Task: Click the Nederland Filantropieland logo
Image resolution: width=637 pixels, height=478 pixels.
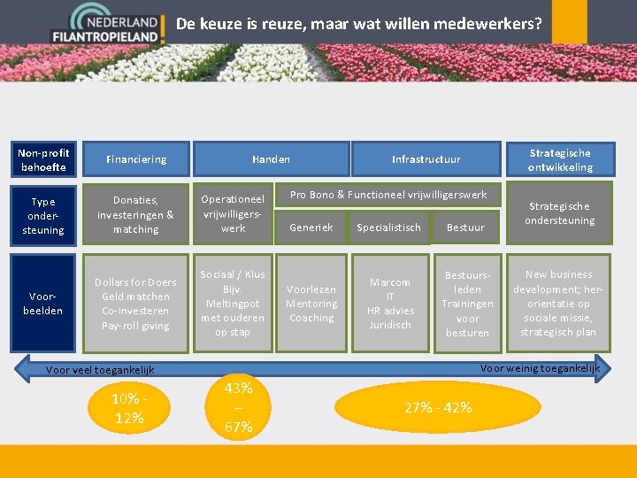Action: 118,25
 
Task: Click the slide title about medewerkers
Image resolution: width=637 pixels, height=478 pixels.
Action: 358,24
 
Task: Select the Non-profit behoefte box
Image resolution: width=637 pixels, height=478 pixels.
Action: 43,159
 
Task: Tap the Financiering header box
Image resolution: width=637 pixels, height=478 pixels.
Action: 136,159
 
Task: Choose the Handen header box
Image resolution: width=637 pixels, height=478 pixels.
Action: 271,159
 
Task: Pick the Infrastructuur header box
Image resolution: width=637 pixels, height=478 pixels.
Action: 426,159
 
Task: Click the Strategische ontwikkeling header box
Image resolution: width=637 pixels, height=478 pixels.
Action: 559,159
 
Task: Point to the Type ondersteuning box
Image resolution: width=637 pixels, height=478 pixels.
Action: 43,215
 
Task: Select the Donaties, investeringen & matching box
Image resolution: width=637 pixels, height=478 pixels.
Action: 136,215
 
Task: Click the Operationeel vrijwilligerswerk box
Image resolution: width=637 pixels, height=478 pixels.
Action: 234,214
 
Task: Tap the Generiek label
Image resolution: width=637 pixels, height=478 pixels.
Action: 311,227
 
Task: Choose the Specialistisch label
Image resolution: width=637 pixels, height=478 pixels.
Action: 388,227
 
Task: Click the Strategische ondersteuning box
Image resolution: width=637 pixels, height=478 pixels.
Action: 559,212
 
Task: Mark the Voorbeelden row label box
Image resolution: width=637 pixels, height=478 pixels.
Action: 43,304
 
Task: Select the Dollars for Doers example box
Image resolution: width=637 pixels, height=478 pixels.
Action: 136,304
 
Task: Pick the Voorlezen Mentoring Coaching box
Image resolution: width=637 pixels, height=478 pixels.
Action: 311,304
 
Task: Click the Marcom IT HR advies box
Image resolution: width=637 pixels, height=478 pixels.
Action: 390,304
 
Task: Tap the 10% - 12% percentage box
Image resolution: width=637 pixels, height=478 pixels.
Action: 130,408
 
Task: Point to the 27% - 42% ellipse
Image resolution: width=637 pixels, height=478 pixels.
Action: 438,407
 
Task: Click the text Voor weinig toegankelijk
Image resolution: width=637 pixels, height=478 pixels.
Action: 539,367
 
